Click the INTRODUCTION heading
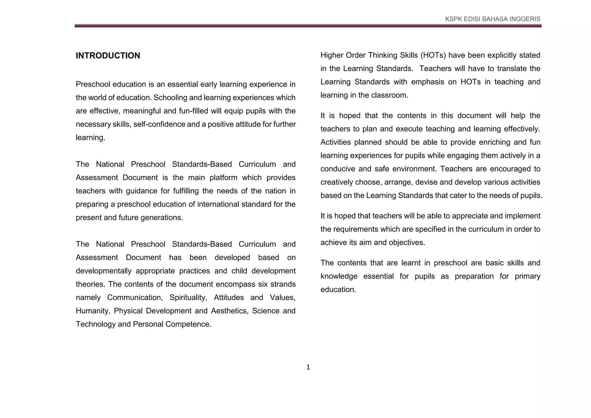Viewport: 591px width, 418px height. (108, 56)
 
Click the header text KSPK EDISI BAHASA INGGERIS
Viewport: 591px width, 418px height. (493, 19)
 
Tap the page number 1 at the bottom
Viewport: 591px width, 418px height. (308, 367)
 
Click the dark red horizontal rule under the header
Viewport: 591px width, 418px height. (308, 26)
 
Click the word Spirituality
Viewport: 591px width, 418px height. (188, 297)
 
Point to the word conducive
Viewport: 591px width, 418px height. (337, 169)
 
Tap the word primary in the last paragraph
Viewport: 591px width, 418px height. (527, 276)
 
